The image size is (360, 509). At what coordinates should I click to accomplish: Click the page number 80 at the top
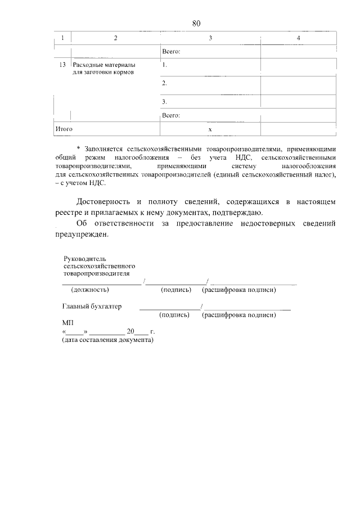click(196, 23)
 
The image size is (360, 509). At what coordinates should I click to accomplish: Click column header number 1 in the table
click(62, 38)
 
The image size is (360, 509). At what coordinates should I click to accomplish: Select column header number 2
click(115, 38)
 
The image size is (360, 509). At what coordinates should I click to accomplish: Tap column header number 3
click(210, 38)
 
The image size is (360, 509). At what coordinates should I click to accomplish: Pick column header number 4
click(298, 38)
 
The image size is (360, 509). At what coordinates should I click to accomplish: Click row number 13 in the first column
click(62, 65)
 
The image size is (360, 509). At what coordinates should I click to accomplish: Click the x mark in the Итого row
click(210, 129)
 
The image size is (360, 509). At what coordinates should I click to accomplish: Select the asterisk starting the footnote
click(78, 149)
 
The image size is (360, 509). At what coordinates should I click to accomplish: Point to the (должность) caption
click(90, 290)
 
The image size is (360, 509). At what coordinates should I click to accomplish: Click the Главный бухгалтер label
click(92, 307)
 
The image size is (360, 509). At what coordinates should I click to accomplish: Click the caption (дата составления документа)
click(107, 340)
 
